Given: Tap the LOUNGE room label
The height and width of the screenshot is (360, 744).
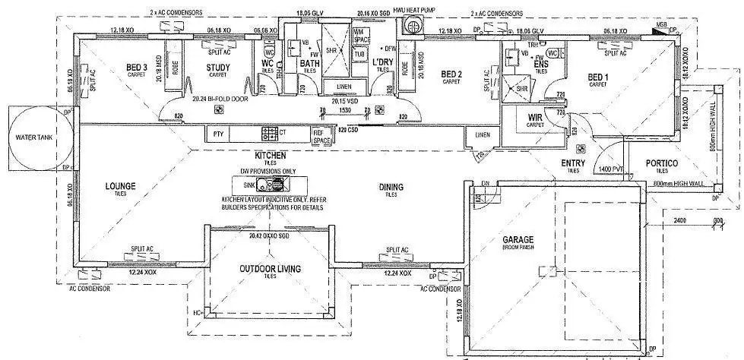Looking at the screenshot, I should coord(121,185).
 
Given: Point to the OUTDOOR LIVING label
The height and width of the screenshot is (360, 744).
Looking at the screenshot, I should coord(270,269).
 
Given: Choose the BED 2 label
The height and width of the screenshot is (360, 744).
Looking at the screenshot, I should coord(452,74).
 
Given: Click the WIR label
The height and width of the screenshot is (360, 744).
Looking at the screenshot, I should coord(535,116).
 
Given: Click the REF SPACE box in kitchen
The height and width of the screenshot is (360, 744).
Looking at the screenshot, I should coord(322,136).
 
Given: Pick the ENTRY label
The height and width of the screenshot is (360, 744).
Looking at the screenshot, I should coord(571,163).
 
